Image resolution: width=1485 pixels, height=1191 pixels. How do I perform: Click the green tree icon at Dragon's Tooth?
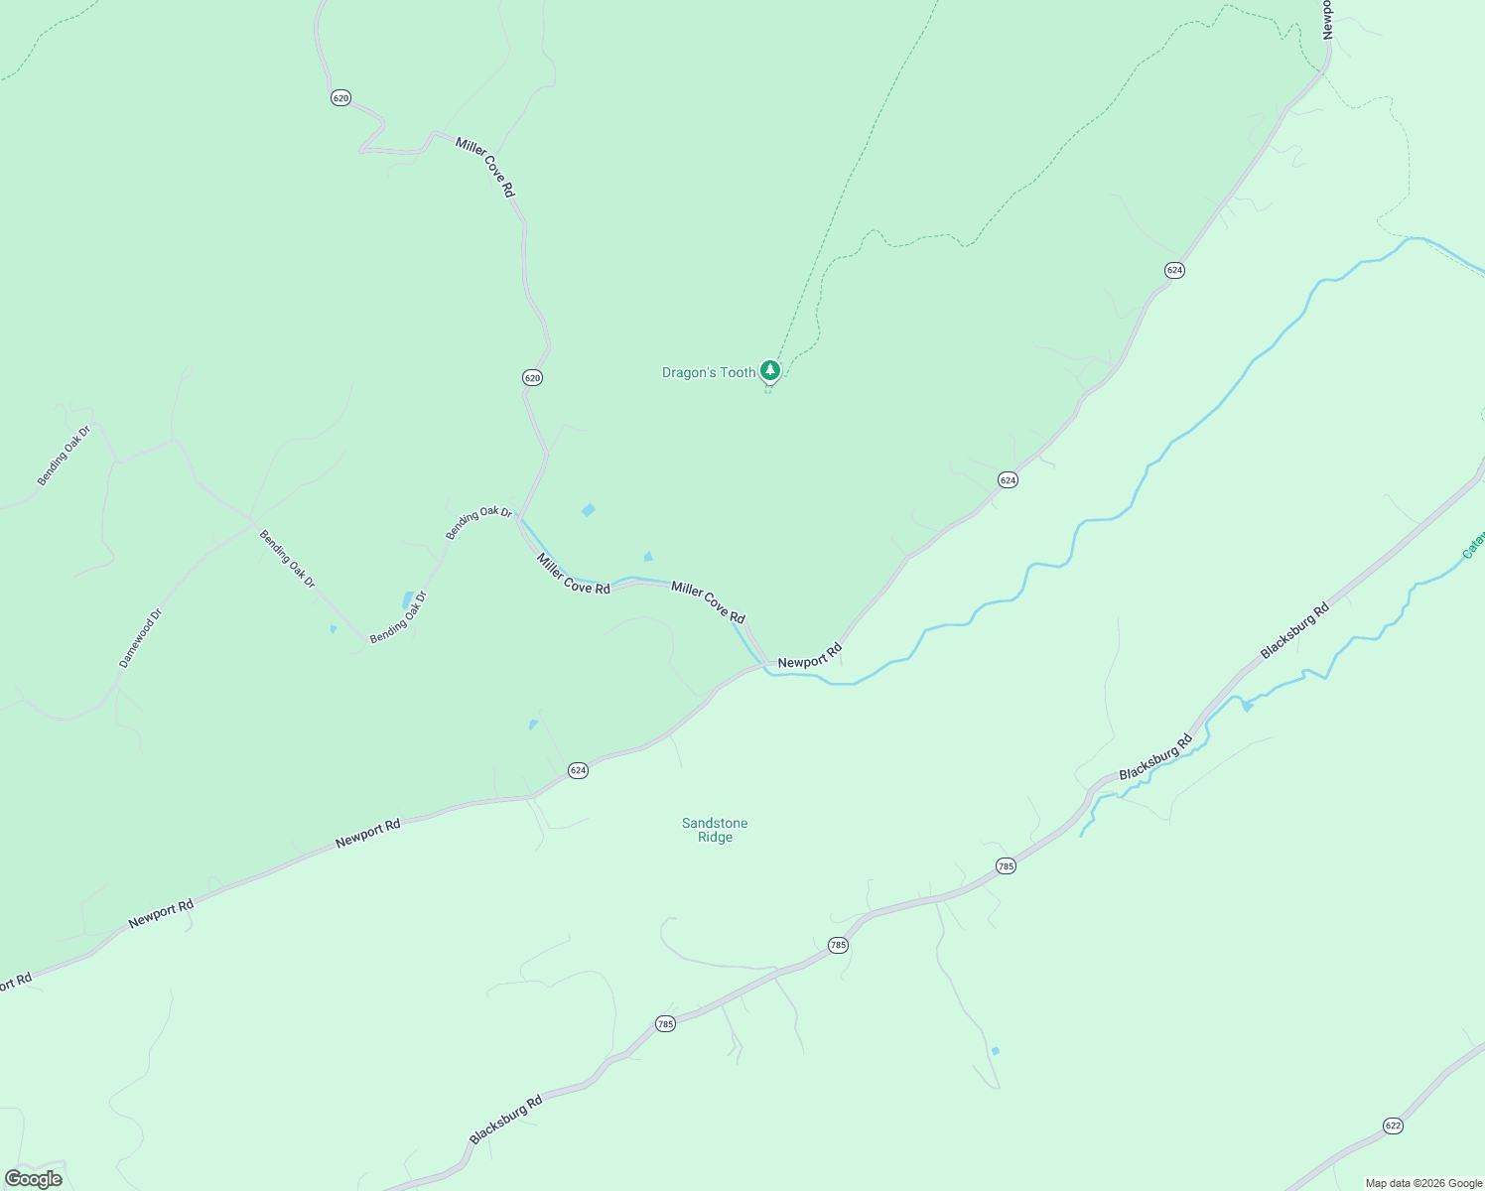pos(770,370)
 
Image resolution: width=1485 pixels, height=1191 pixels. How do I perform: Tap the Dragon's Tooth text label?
pos(709,373)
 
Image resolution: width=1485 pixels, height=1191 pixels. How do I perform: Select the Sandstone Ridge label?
pos(715,830)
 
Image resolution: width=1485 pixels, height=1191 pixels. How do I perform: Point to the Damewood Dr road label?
pos(140,638)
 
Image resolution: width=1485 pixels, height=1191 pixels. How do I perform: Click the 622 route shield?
pos(1393,1125)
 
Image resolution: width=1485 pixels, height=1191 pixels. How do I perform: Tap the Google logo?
pos(33,1179)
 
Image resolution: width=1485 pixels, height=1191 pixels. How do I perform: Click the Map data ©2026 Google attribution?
pos(1423,1183)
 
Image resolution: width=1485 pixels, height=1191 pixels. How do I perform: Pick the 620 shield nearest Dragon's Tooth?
pos(532,377)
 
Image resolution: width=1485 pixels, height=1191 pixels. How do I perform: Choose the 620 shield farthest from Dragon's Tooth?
pos(340,97)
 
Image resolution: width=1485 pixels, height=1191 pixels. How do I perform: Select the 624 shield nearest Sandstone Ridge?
pos(578,770)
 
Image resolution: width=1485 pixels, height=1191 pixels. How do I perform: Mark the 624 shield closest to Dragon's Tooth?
pos(1008,480)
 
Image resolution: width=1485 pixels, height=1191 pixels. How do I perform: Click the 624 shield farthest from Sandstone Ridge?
pos(1174,270)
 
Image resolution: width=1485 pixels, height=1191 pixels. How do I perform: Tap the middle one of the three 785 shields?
pos(838,945)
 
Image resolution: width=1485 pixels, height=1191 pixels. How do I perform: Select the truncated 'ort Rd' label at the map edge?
pos(16,983)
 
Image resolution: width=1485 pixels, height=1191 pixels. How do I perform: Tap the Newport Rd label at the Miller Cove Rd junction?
pos(809,656)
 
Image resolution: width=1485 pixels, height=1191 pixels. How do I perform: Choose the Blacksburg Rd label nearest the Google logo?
pos(506,1120)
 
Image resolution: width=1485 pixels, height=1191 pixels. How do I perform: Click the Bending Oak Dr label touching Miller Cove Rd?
pos(478,524)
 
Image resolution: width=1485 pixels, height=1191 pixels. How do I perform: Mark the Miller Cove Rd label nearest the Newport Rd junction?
pos(708,601)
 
